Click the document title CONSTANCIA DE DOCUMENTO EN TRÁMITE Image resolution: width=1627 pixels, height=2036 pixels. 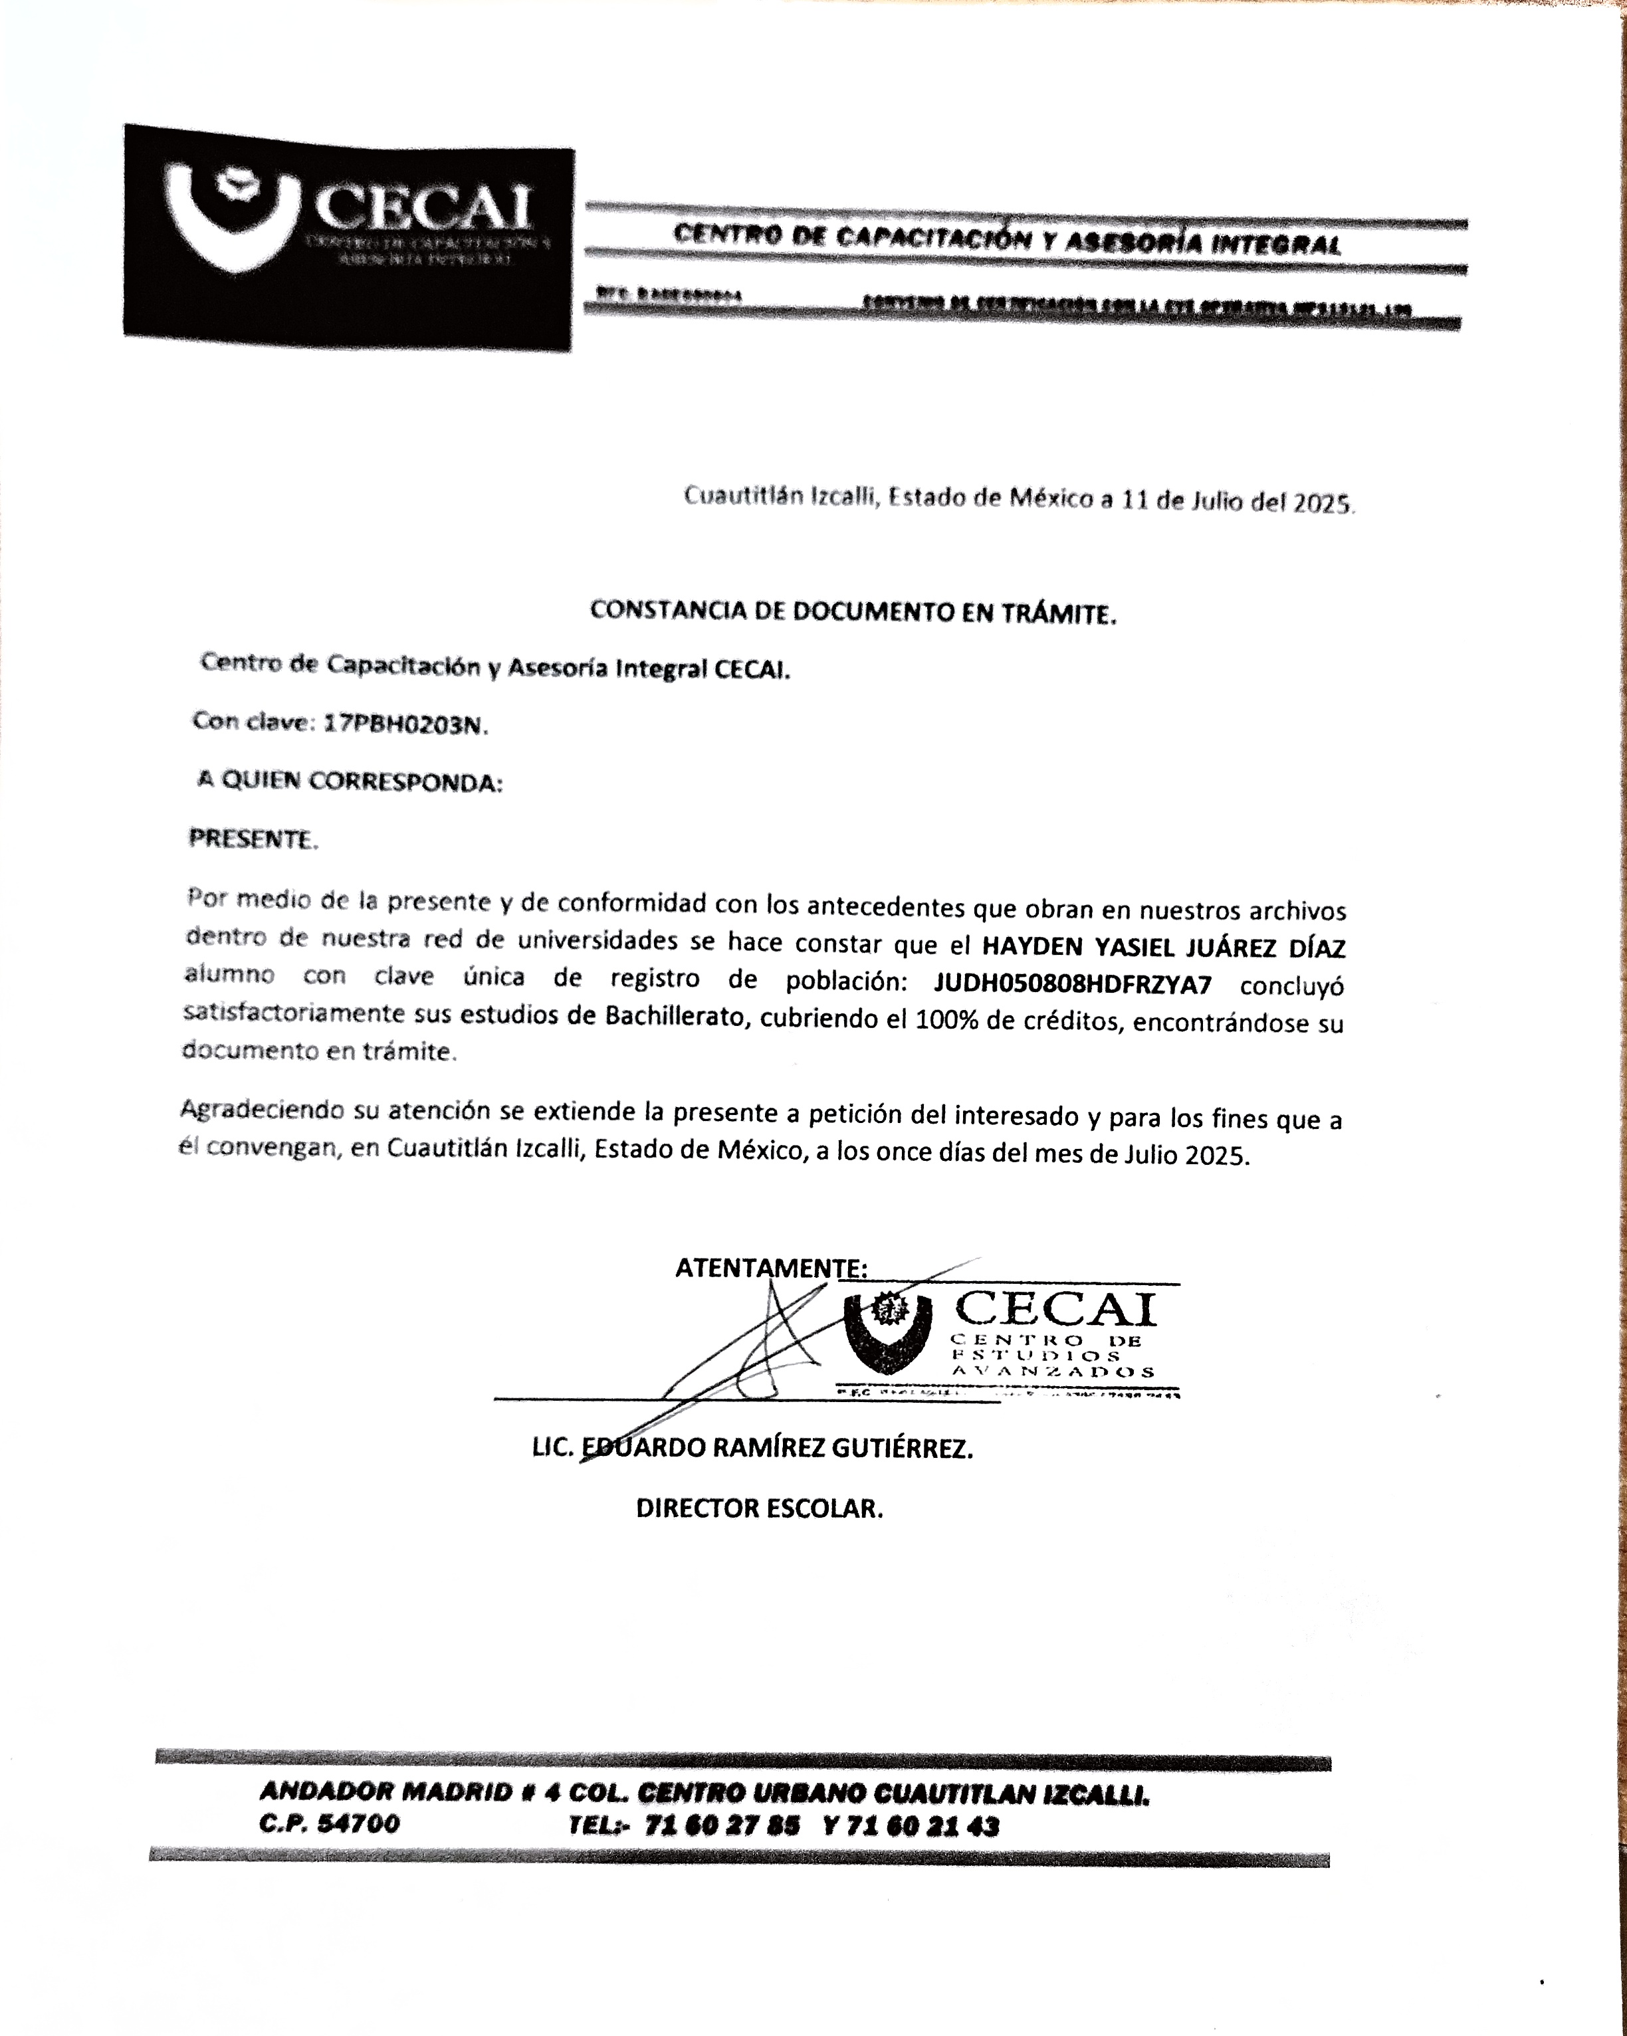click(853, 612)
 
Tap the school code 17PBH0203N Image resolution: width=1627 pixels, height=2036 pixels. click(403, 724)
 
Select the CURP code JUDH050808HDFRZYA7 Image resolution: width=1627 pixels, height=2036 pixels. click(1072, 984)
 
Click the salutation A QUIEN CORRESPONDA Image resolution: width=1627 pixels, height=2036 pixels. click(350, 781)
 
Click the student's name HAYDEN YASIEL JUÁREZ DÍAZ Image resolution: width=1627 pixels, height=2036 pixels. click(1163, 947)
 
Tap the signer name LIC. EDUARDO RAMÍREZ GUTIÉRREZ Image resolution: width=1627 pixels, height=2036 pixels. click(752, 1448)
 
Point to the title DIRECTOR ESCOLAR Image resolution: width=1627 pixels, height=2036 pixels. click(759, 1508)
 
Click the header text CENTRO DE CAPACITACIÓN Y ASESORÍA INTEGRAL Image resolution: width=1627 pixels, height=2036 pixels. click(1007, 240)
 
